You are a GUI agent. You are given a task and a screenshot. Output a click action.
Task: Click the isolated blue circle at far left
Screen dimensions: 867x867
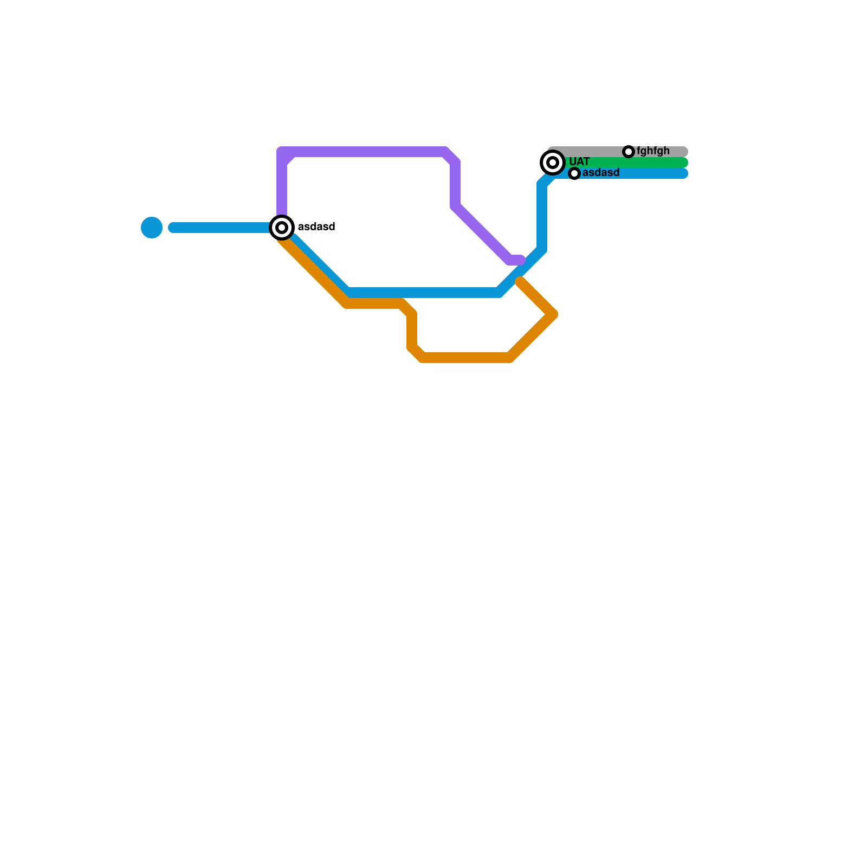pos(152,228)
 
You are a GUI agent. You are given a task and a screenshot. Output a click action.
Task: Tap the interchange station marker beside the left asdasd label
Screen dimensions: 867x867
pos(282,228)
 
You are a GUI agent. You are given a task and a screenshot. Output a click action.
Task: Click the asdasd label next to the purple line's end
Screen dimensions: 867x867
pos(316,227)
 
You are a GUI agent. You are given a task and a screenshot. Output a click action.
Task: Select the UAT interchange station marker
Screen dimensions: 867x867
pos(553,163)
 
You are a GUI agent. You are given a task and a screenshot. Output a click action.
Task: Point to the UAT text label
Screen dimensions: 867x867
pos(579,162)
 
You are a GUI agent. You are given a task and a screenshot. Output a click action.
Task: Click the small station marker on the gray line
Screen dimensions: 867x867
pos(629,152)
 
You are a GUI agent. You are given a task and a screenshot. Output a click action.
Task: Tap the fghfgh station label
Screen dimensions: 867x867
pos(653,151)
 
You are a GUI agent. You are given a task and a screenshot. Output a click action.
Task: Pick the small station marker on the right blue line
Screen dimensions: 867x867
pos(574,173)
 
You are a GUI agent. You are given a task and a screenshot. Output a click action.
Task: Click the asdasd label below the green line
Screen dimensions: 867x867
pos(601,173)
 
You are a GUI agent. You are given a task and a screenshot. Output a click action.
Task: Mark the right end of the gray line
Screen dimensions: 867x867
pos(684,152)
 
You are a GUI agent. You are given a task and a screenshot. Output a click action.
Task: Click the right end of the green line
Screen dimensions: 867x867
pos(684,163)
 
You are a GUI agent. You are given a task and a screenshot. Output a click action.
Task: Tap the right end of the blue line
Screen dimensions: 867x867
pos(684,173)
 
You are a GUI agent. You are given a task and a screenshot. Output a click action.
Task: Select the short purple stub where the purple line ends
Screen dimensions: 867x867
pos(516,260)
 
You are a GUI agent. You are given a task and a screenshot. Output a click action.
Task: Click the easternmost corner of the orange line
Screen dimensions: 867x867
pos(553,314)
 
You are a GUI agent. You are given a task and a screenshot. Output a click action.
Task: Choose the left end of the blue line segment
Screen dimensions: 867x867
pos(173,228)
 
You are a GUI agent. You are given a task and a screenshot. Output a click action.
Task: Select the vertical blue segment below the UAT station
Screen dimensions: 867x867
pos(542,217)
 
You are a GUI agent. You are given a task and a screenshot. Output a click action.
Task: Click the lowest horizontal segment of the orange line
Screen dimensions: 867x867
pos(466,358)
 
